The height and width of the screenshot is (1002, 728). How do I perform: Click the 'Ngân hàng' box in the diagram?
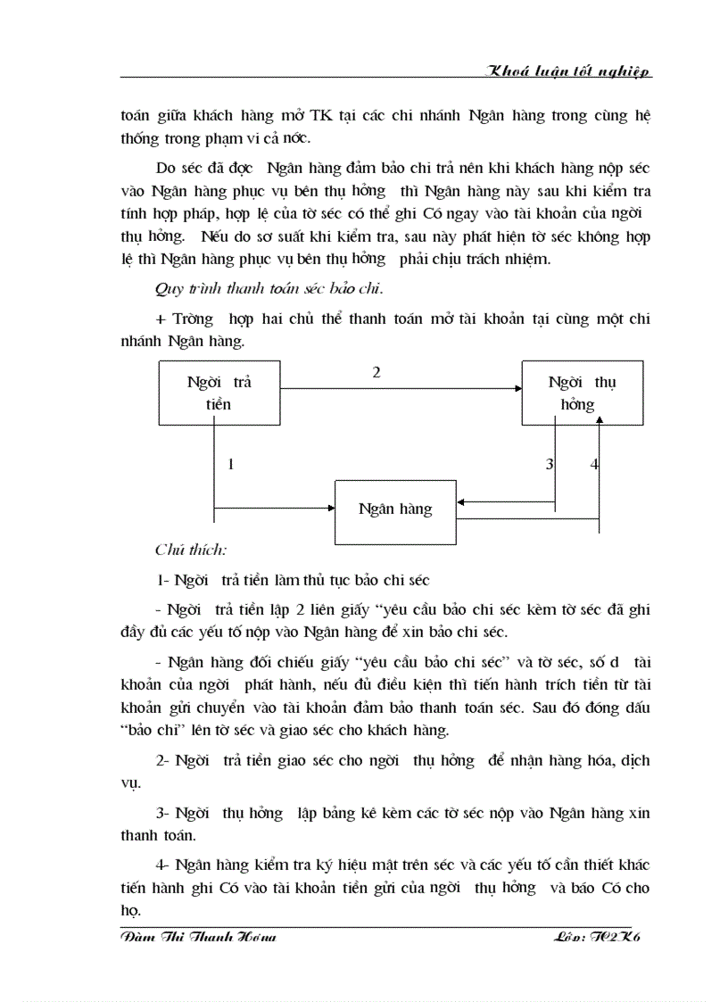[395, 509]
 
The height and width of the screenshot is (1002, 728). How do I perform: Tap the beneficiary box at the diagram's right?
[583, 393]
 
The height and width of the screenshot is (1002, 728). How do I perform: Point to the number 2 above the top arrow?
[376, 373]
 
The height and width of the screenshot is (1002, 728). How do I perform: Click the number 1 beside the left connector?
[231, 464]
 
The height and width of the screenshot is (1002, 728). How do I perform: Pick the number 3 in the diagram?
[550, 464]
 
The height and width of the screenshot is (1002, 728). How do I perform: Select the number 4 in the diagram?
[594, 464]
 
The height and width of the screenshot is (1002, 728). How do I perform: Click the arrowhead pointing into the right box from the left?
[517, 388]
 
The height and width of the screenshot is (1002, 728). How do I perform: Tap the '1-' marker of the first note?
[163, 580]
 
